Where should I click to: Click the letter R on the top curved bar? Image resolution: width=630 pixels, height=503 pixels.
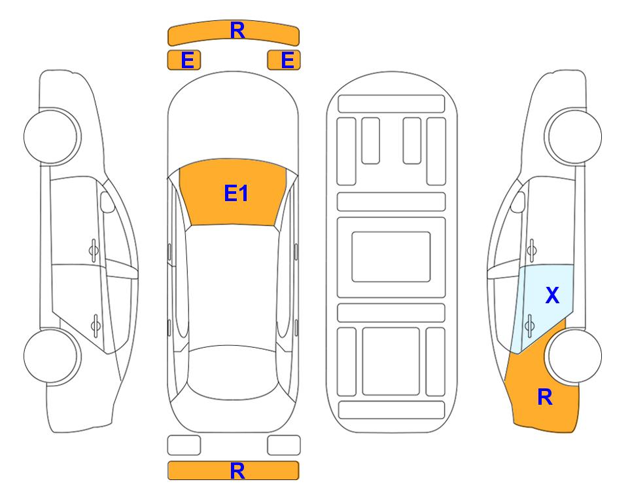(237, 31)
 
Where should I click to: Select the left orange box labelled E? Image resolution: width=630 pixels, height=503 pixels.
(184, 60)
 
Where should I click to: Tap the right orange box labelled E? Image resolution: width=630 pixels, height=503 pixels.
(284, 60)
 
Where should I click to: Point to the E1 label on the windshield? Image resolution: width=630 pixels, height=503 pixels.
(236, 193)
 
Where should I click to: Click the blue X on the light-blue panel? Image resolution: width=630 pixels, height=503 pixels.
(552, 295)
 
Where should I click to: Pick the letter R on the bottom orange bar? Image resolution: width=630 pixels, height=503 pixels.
(237, 471)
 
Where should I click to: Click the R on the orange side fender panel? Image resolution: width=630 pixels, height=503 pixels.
(545, 397)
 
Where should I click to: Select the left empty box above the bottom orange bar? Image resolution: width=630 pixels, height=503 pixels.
(184, 445)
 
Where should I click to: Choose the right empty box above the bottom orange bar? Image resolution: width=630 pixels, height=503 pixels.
(284, 445)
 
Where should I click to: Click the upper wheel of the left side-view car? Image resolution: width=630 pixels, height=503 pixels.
(51, 136)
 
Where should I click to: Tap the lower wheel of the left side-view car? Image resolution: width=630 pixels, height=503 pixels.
(51, 356)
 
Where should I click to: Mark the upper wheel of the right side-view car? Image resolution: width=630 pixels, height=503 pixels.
(574, 136)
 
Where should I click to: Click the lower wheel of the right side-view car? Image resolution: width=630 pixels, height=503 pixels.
(574, 356)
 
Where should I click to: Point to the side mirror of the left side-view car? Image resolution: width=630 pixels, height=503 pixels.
(107, 202)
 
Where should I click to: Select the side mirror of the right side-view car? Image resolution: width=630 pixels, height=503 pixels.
(518, 202)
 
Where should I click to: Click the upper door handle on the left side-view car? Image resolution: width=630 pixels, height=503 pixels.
(94, 251)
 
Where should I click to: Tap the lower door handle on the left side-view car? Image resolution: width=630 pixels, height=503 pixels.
(96, 325)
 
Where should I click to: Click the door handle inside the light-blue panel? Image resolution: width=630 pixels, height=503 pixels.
(530, 325)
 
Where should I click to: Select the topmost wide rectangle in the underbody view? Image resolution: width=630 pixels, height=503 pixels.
(391, 104)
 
